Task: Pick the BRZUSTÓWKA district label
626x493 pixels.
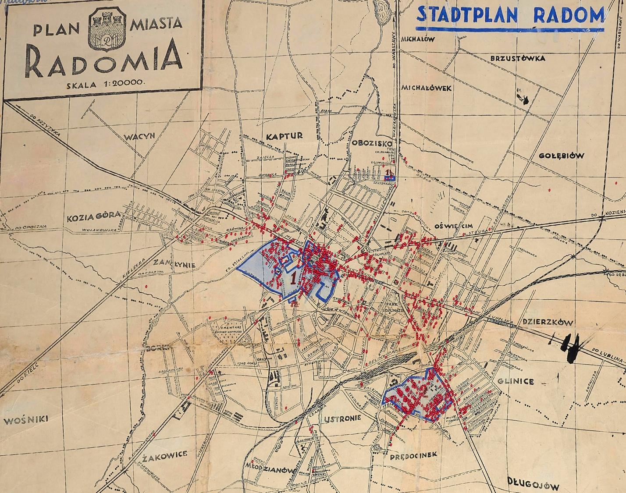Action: [x=517, y=58]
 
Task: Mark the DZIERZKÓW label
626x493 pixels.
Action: [x=548, y=322]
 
